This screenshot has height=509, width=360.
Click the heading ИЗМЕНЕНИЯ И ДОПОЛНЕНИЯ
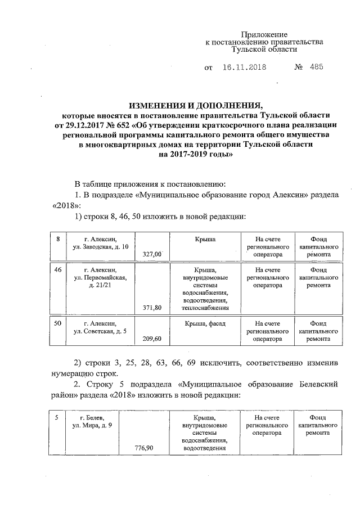pos(196,105)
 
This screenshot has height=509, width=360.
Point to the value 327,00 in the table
pos(152,254)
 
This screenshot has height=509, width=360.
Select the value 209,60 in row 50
pos(152,339)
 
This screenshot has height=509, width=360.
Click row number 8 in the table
pos(57,240)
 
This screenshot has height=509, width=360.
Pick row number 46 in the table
pos(57,270)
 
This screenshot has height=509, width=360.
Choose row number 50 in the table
pos(57,323)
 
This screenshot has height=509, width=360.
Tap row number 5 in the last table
pos(56,418)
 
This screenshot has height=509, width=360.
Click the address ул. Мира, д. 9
pos(92,425)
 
